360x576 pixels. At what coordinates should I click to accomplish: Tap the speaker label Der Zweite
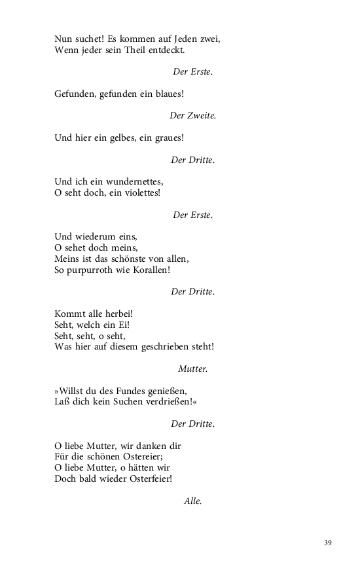click(192, 116)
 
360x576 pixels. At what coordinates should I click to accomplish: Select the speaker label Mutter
click(192, 369)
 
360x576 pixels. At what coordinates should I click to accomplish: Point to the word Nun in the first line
click(63, 39)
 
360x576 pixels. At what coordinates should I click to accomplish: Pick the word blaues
click(167, 94)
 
